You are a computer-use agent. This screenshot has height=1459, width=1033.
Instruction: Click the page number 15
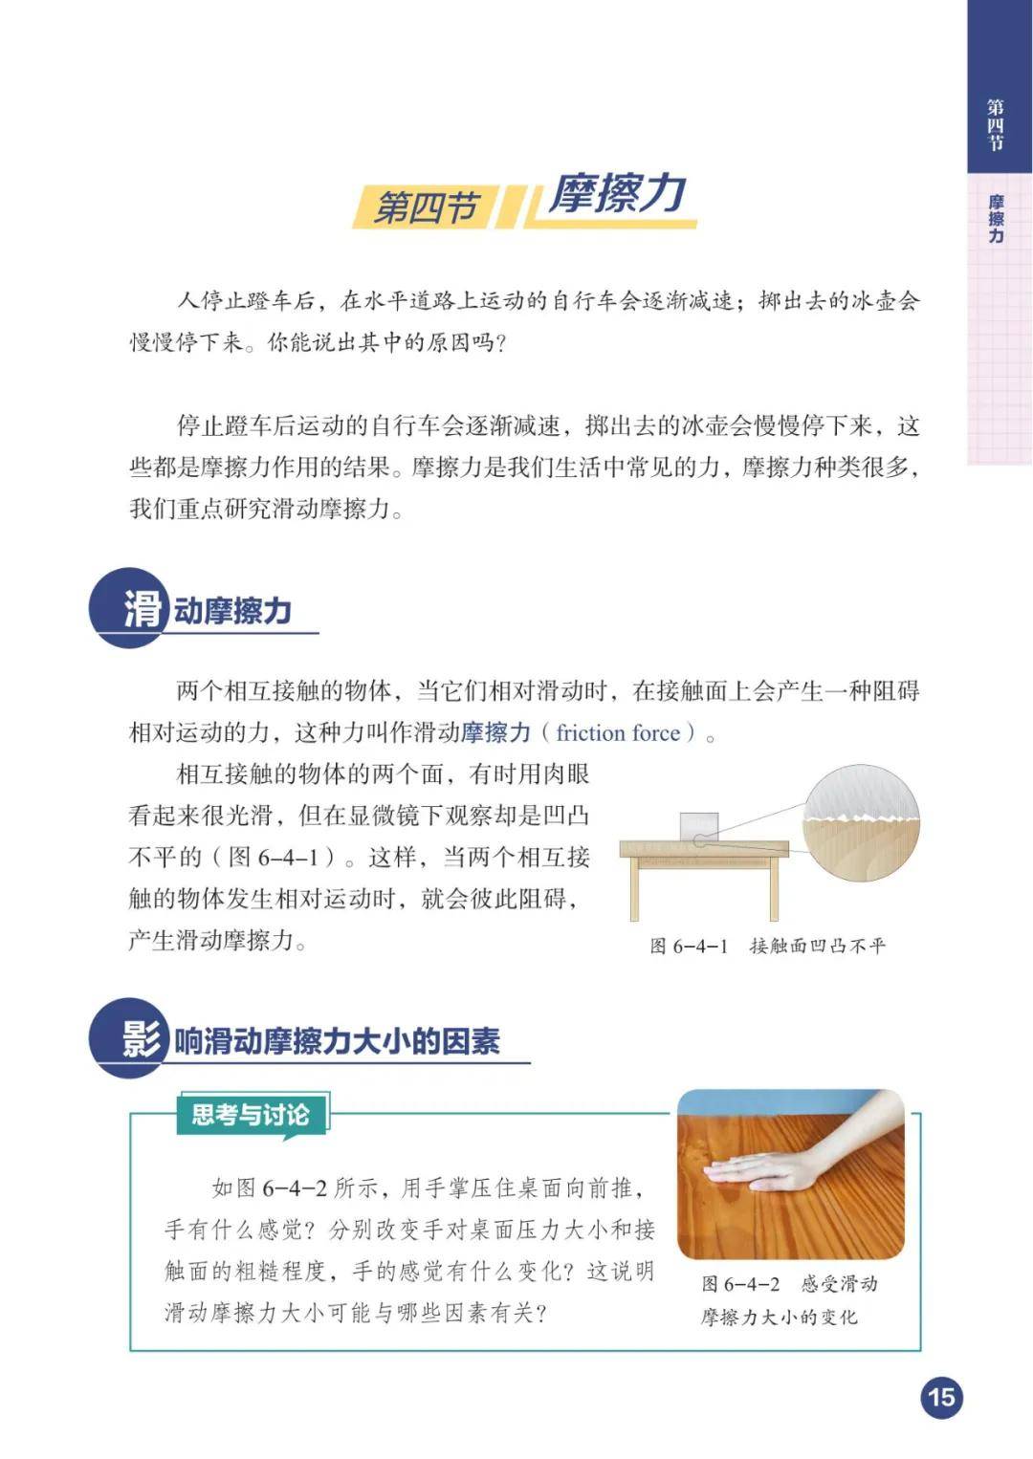pyautogui.click(x=942, y=1398)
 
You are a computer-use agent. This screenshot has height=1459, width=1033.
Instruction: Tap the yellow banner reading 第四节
pyautogui.click(x=426, y=207)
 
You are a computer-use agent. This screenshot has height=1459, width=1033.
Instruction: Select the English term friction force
pyautogui.click(x=618, y=732)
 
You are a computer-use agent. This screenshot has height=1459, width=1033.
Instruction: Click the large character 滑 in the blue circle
pyautogui.click(x=143, y=610)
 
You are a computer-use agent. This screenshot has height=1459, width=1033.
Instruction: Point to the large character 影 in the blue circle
pyautogui.click(x=142, y=1038)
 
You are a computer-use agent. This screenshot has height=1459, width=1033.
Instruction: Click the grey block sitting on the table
pyautogui.click(x=699, y=826)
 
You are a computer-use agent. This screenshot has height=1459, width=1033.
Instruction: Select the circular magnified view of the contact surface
pyautogui.click(x=862, y=822)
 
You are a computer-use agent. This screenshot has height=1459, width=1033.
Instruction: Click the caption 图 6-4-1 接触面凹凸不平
pyautogui.click(x=768, y=945)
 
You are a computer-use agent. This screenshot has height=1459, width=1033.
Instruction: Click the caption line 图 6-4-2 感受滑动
pyautogui.click(x=789, y=1284)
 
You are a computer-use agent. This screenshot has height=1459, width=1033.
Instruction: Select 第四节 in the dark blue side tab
pyautogui.click(x=995, y=125)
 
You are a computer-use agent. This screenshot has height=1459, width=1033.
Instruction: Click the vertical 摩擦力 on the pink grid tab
pyautogui.click(x=995, y=219)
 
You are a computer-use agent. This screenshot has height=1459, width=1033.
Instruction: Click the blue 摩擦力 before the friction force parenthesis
pyautogui.click(x=496, y=732)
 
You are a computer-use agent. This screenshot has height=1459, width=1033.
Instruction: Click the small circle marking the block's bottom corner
pyautogui.click(x=698, y=840)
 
